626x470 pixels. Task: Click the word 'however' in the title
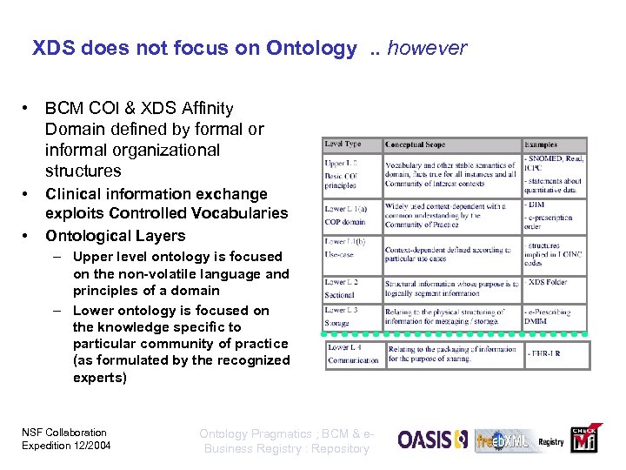427,48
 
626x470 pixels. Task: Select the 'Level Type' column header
343,144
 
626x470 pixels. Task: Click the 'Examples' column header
541,144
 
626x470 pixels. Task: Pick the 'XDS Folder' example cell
549,284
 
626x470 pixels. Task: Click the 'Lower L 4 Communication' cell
353,354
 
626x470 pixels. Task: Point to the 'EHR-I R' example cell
545,354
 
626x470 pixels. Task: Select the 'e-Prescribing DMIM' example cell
551,317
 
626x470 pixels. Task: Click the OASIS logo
433,440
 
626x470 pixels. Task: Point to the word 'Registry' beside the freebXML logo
550,442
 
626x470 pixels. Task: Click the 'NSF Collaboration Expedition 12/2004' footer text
64,440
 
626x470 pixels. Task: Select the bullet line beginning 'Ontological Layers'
115,236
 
